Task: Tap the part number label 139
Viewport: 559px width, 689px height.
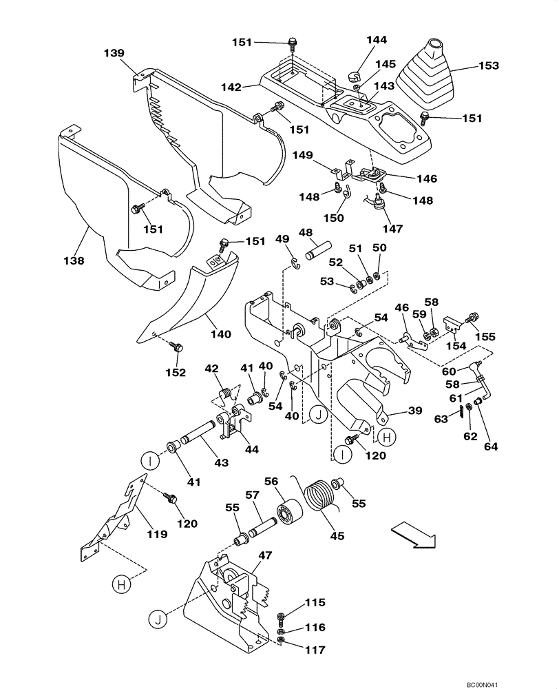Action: [x=114, y=53]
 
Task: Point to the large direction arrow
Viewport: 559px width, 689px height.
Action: [x=413, y=534]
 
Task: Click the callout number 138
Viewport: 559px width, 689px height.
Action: [x=74, y=261]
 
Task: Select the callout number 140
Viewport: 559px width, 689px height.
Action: [x=220, y=335]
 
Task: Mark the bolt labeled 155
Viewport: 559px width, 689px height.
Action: [x=473, y=318]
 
